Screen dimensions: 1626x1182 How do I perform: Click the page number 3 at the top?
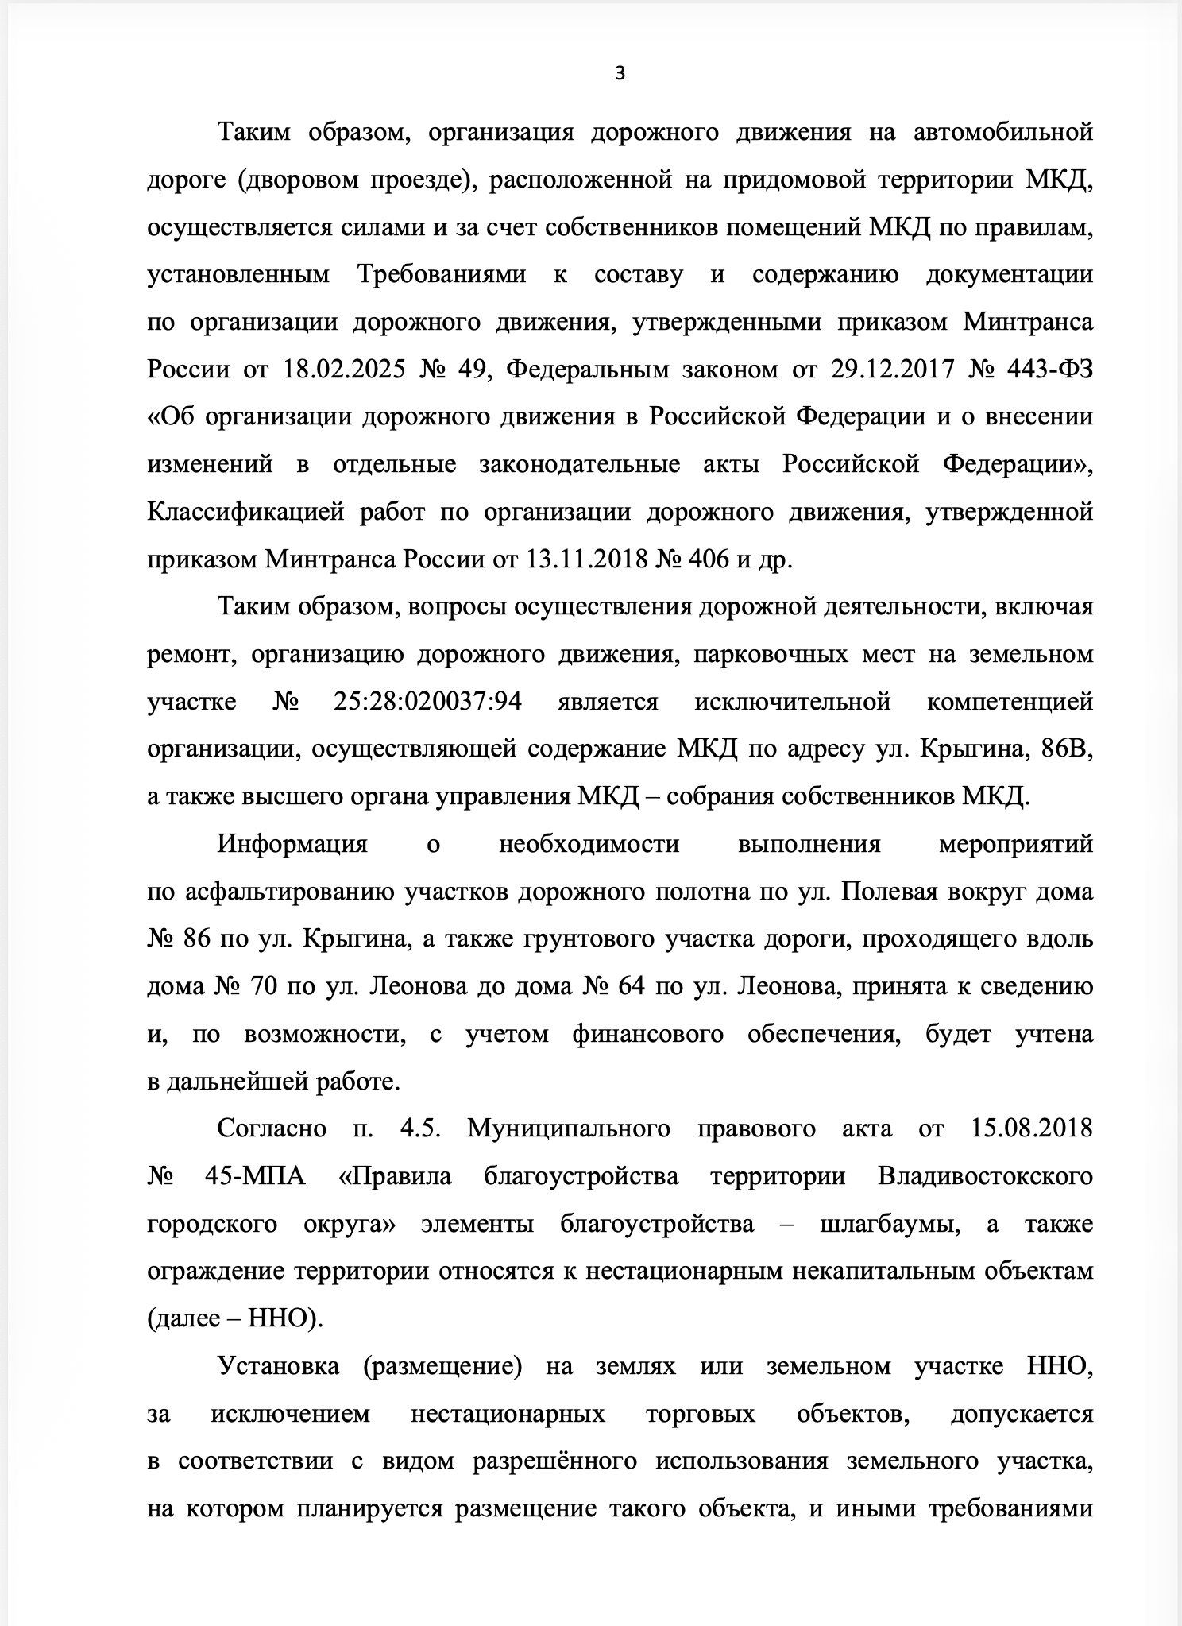pos(620,74)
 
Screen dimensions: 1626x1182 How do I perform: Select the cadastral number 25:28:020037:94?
pos(423,702)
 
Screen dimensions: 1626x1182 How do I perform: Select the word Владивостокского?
pos(986,1176)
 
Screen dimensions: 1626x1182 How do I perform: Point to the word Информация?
pos(292,844)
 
